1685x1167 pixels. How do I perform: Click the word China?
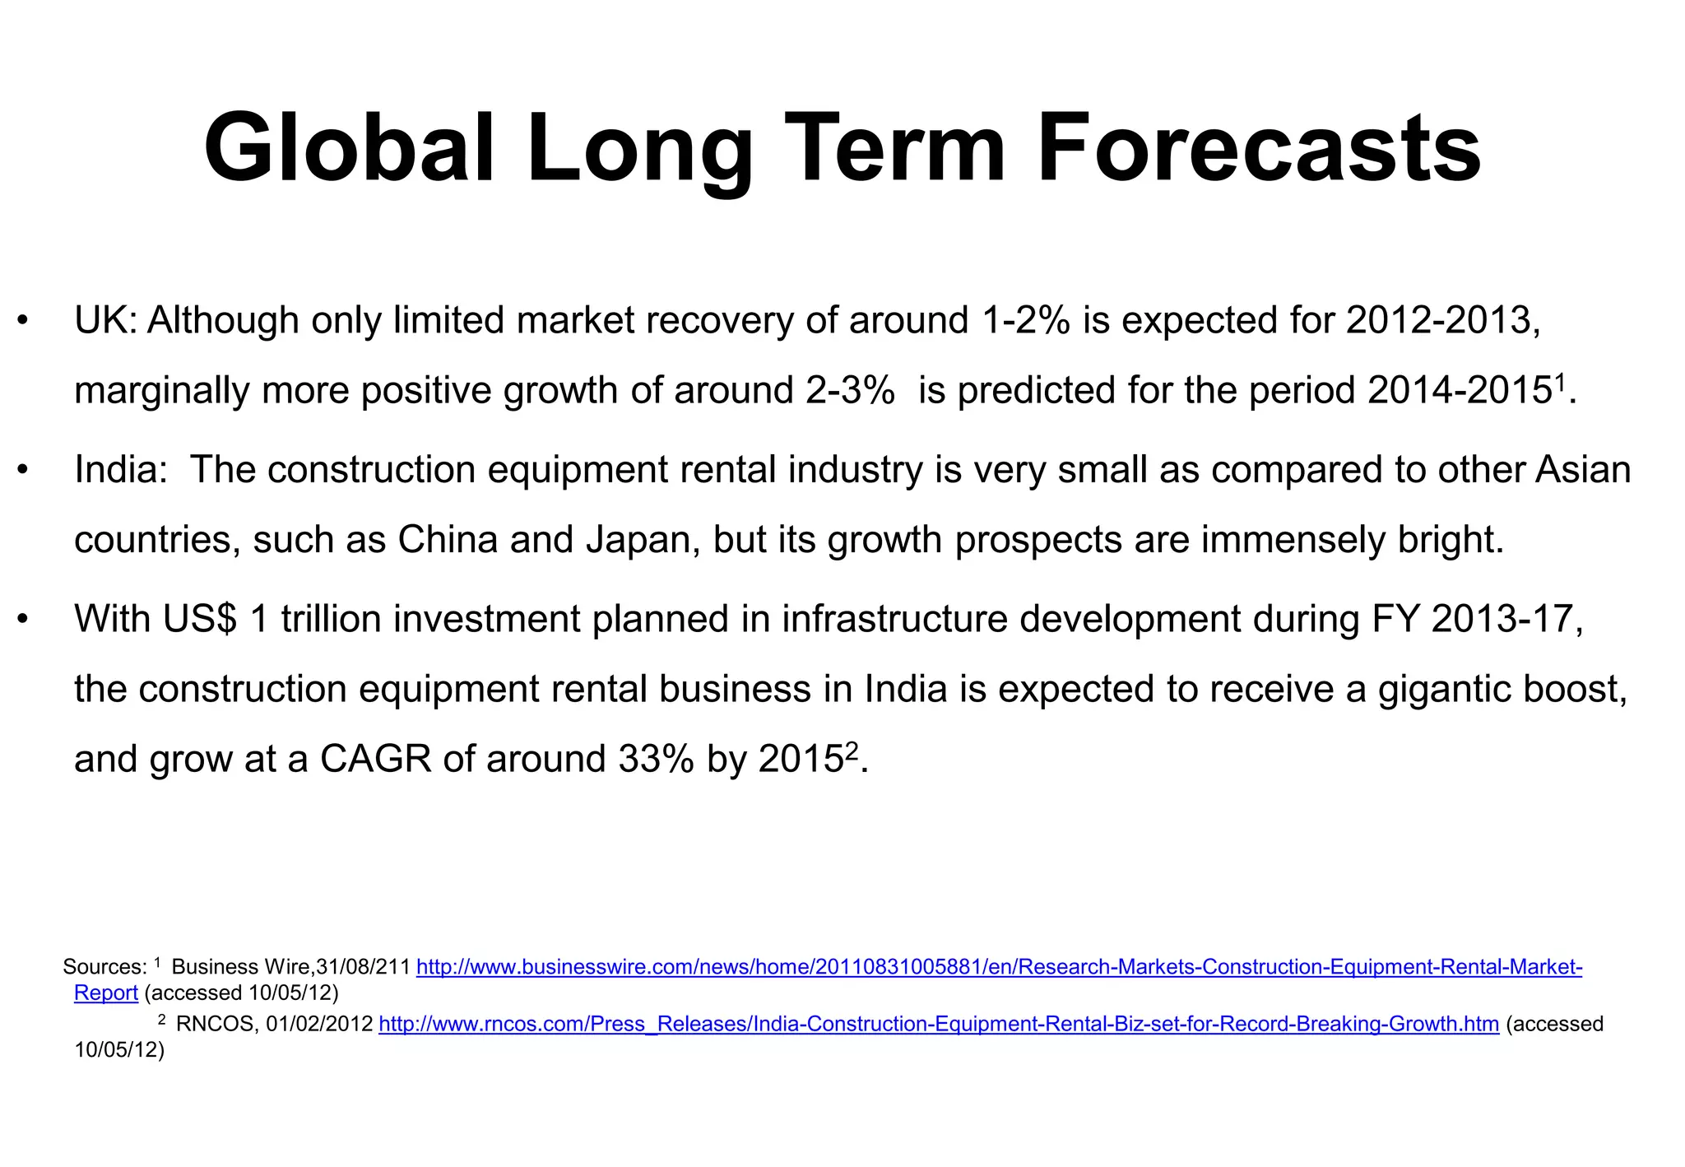click(x=448, y=540)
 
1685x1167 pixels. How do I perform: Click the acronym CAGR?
click(x=375, y=759)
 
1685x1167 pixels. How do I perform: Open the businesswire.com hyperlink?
click(x=999, y=967)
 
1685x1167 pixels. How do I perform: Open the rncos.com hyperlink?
click(x=938, y=1025)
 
